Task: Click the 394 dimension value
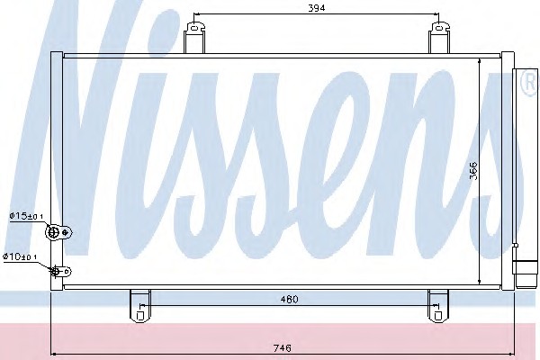pyautogui.click(x=316, y=8)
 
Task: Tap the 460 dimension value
pyautogui.click(x=289, y=299)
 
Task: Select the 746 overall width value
pyautogui.click(x=282, y=348)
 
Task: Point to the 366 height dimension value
pyautogui.click(x=473, y=170)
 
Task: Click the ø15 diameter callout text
pyautogui.click(x=26, y=216)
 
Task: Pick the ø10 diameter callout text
pyautogui.click(x=20, y=256)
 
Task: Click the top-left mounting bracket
pyautogui.click(x=194, y=38)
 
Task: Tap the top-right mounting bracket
pyautogui.click(x=439, y=38)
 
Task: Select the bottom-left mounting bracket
pyautogui.click(x=139, y=306)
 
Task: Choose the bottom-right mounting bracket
pyautogui.click(x=438, y=306)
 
